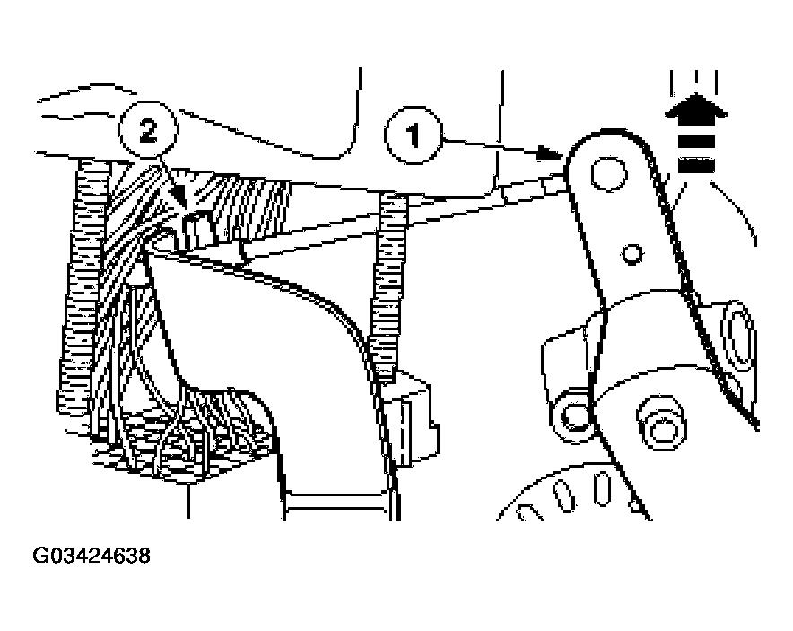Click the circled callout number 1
click(x=414, y=136)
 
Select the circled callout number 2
click(x=148, y=130)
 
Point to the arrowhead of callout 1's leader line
click(x=550, y=153)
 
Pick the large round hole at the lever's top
click(x=609, y=174)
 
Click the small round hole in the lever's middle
click(x=632, y=253)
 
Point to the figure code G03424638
click(x=91, y=555)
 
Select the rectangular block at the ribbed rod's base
click(x=411, y=418)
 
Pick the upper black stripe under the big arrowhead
click(x=696, y=142)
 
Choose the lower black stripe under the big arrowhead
click(x=696, y=165)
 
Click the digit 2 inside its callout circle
click(x=148, y=130)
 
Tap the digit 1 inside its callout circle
click(x=414, y=136)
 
